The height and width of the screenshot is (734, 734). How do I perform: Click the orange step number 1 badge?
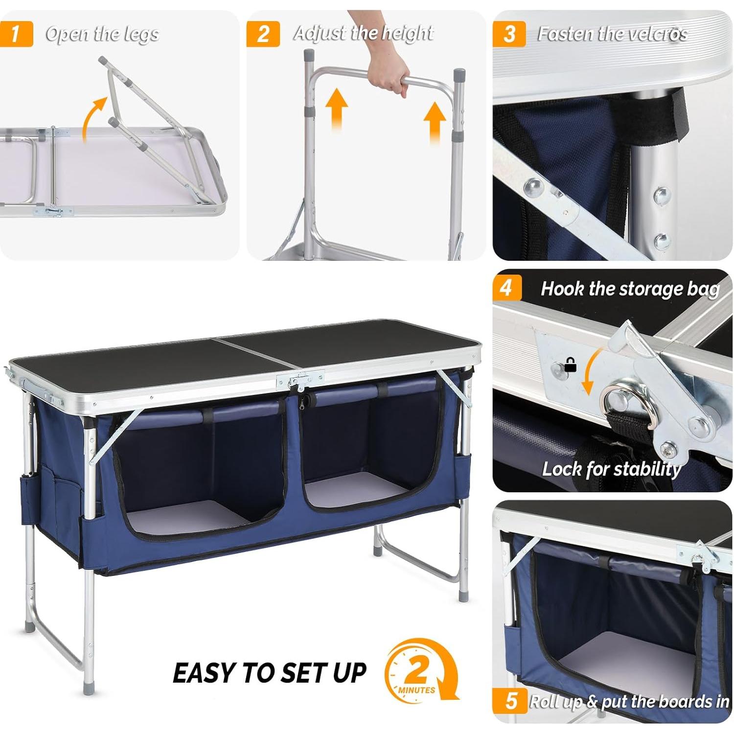click(16, 34)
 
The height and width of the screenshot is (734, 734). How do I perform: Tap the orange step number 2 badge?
click(263, 34)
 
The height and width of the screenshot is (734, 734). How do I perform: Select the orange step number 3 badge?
click(509, 34)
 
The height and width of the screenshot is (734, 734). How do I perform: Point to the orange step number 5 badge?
click(510, 700)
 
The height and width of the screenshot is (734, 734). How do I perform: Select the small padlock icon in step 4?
click(570, 365)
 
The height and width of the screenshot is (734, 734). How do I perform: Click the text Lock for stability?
click(611, 469)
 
